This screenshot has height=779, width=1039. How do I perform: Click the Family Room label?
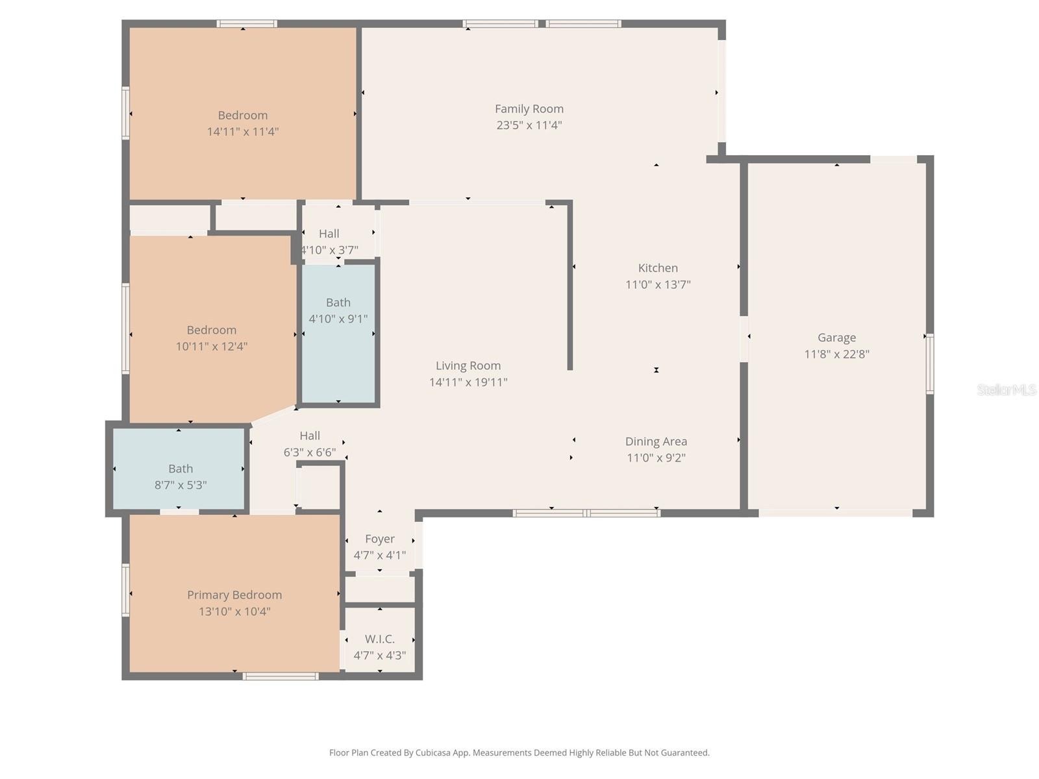tap(529, 109)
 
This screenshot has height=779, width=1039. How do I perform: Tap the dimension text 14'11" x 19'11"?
tap(468, 382)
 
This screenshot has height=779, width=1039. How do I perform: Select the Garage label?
tap(836, 338)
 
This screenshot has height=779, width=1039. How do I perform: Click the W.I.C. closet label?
tap(380, 639)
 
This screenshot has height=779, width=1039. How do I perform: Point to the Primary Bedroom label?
tap(234, 595)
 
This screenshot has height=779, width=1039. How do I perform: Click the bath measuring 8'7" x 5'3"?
tap(181, 469)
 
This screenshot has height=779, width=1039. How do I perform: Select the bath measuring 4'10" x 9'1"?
tap(338, 303)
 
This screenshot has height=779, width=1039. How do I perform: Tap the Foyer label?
tap(380, 539)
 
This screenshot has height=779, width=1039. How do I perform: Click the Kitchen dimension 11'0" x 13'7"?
tap(658, 284)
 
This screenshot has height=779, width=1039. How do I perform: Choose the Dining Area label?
tap(656, 441)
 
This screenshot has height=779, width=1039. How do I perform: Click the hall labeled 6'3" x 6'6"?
tap(310, 436)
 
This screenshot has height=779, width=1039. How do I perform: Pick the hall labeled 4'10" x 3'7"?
tap(329, 234)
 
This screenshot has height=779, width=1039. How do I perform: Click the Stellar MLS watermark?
tap(1006, 389)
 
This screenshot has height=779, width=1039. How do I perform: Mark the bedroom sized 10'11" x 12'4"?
tap(212, 330)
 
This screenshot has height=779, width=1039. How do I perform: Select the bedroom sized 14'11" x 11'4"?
tap(243, 116)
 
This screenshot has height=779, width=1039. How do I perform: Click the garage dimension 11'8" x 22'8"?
tap(836, 354)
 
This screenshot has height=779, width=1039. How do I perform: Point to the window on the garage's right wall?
tap(929, 364)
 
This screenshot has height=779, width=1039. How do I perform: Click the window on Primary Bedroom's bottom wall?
tap(281, 676)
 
